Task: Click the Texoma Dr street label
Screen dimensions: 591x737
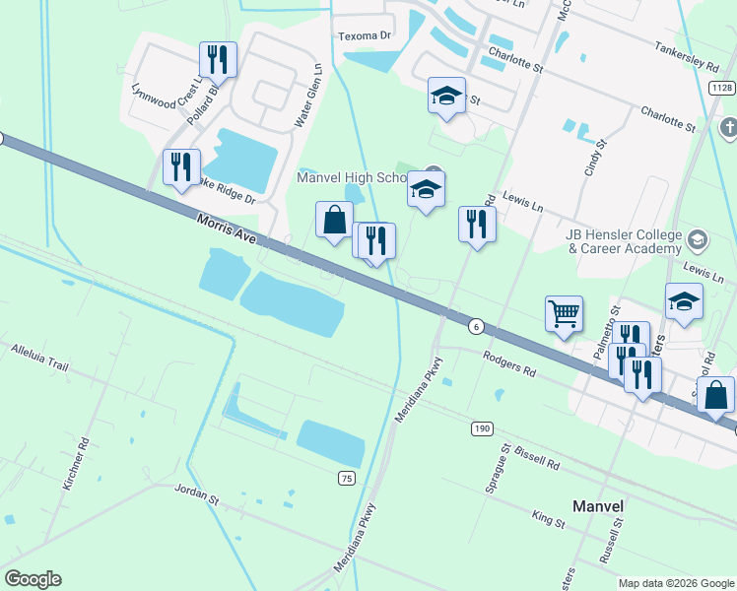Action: [x=365, y=36]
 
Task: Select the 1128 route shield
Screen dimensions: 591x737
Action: [x=720, y=89]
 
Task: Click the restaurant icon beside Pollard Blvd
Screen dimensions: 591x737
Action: [x=218, y=59]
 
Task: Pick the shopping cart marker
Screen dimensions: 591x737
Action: [x=564, y=314]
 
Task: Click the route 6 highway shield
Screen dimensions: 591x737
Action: [x=476, y=326]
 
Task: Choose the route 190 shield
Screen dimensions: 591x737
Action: [x=480, y=428]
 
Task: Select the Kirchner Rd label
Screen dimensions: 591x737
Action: [x=74, y=464]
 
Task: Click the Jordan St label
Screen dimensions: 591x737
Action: [x=196, y=493]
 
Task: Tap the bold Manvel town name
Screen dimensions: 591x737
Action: [x=598, y=506]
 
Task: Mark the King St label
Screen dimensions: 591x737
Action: [x=547, y=519]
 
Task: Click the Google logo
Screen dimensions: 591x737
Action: [x=33, y=579]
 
